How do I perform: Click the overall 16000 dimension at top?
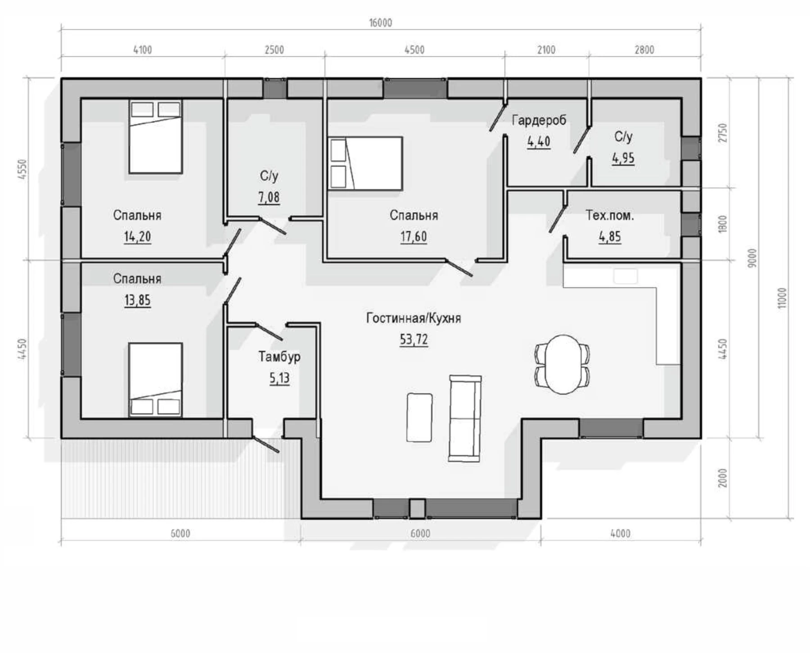381,23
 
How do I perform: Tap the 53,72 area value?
414,339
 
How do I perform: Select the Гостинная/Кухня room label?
414,318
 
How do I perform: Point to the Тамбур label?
279,357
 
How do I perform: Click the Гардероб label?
539,120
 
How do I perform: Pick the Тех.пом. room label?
610,215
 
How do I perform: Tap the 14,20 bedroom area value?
137,236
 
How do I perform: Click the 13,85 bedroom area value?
137,300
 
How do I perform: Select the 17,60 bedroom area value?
414,236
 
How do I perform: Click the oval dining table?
562,364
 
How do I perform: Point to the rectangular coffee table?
419,417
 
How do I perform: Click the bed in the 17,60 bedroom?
365,163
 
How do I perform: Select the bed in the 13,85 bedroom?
155,380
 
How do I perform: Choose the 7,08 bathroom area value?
269,197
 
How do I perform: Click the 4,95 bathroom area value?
623,158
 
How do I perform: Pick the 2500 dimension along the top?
274,50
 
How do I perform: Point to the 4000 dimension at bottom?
620,533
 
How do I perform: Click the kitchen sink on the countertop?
625,276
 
